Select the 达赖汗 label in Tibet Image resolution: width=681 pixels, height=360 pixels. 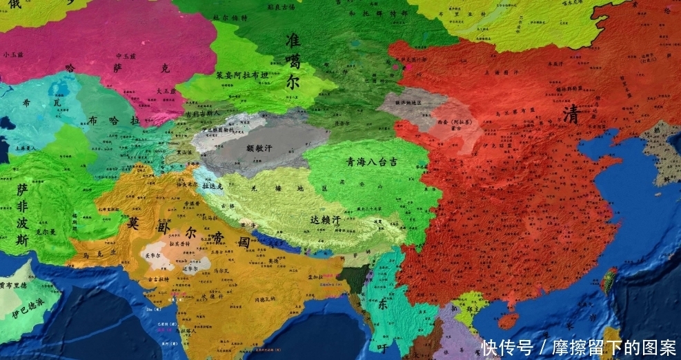tap(325, 220)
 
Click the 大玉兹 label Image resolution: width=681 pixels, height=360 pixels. tap(167, 90)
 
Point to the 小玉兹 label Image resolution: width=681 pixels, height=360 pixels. tap(12, 54)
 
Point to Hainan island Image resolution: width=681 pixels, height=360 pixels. tap(508, 321)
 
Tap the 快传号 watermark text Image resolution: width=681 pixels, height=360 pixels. tap(507, 346)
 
